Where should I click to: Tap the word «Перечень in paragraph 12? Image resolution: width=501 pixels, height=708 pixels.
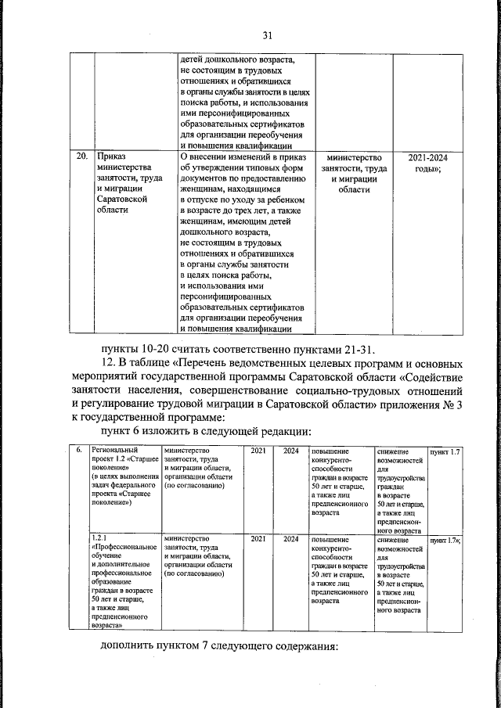point(205,364)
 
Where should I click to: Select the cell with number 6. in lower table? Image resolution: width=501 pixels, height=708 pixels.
point(80,452)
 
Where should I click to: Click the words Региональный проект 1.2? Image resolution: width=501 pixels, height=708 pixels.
point(123,456)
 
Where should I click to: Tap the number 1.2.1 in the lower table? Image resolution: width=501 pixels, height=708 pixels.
point(99,538)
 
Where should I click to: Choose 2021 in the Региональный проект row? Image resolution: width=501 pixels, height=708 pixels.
point(258,452)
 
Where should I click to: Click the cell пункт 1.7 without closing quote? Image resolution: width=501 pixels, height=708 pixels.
point(444,452)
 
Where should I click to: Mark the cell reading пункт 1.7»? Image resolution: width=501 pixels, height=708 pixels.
point(445,539)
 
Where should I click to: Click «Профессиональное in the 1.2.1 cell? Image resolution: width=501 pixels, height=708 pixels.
point(124,548)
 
